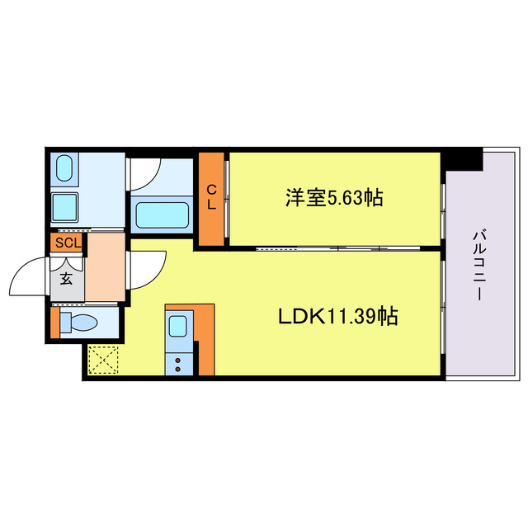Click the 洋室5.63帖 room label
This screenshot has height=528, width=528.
click(x=334, y=198)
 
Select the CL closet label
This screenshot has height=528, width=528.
click(x=212, y=198)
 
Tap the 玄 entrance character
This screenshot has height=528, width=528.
click(x=66, y=278)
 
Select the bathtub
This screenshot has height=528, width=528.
click(x=162, y=218)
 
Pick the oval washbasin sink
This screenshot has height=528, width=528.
click(x=64, y=169)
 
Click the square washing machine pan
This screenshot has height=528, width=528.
click(x=64, y=206)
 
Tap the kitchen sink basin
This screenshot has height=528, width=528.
click(x=178, y=327)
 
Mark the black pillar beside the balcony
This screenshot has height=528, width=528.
click(x=464, y=159)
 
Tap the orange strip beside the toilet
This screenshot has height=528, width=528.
click(x=55, y=322)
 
